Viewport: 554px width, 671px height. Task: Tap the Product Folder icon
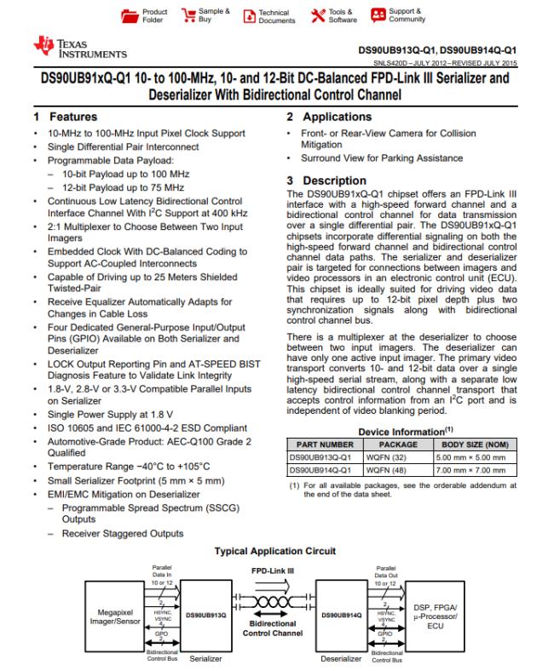pos(130,16)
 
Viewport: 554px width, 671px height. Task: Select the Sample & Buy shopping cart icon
pos(185,16)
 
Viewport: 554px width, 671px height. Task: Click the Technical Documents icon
pos(250,16)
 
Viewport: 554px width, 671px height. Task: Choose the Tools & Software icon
pos(317,16)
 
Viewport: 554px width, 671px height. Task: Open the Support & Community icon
pos(378,16)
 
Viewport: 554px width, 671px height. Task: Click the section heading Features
pos(72,117)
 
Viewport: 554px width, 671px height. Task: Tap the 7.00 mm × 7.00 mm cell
pos(472,469)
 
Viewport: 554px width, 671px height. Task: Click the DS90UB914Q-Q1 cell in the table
pos(320,469)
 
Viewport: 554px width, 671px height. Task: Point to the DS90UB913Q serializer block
pos(206,613)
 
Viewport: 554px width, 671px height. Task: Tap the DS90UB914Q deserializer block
pos(343,613)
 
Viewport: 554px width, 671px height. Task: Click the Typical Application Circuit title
pos(274,551)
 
